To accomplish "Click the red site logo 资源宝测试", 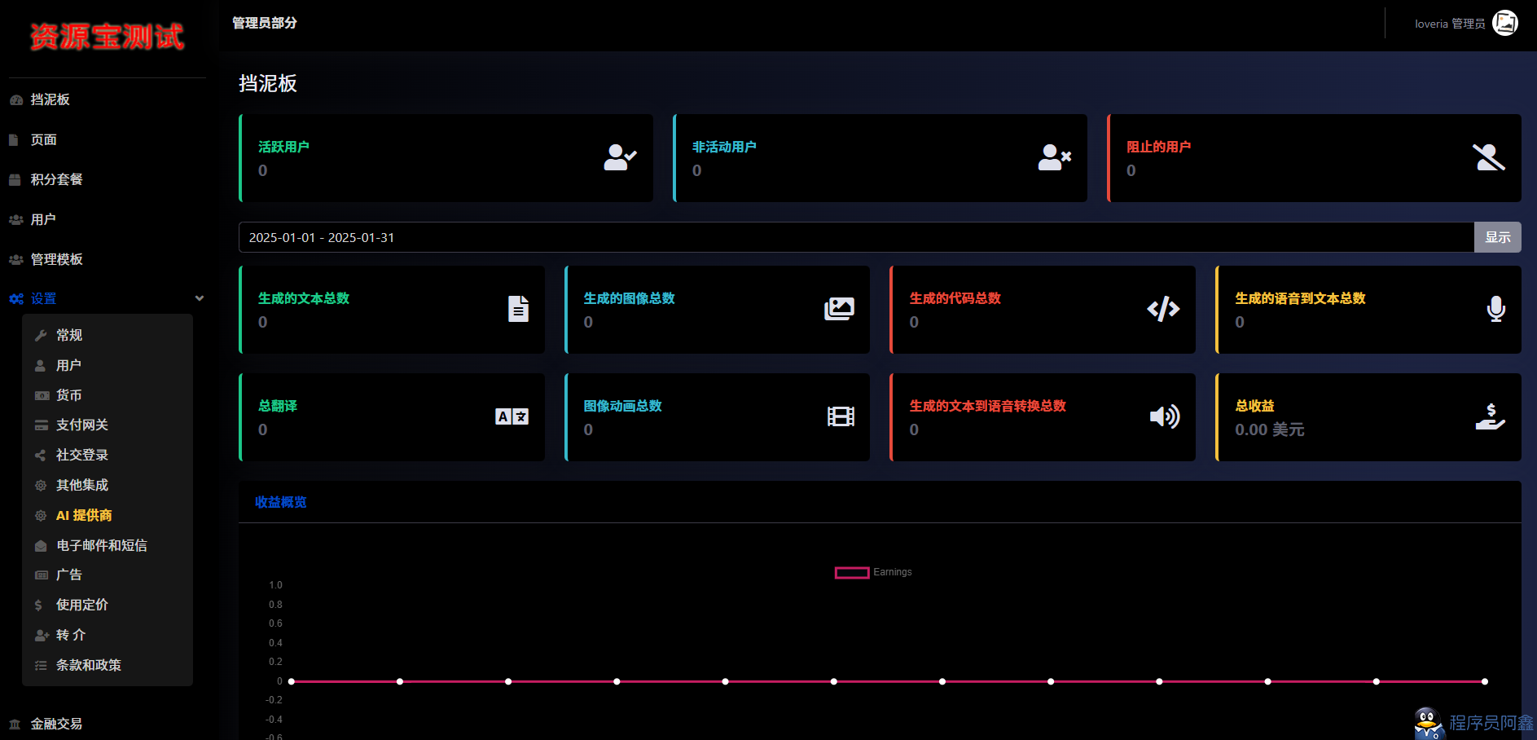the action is (107, 37).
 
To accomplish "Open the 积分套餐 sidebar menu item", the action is (56, 179).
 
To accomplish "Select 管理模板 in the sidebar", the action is (56, 259).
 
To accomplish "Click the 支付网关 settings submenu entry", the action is (81, 425).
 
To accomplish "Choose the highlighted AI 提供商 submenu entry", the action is (84, 515).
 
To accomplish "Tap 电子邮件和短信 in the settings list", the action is (101, 545).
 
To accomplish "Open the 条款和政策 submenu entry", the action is (88, 665).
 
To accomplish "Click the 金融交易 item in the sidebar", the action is (56, 724).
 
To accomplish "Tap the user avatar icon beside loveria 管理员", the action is (1505, 23).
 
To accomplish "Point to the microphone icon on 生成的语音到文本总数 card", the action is (1495, 309).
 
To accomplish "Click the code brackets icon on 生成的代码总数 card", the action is (1163, 309).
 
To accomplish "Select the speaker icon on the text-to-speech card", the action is (1165, 416).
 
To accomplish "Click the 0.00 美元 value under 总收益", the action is (1269, 429).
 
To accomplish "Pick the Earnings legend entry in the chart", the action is (873, 572).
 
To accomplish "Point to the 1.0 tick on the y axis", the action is (275, 585).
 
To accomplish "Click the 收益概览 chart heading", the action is (281, 502).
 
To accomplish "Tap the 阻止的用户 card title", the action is (1158, 147).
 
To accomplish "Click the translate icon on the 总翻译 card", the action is (512, 416).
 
